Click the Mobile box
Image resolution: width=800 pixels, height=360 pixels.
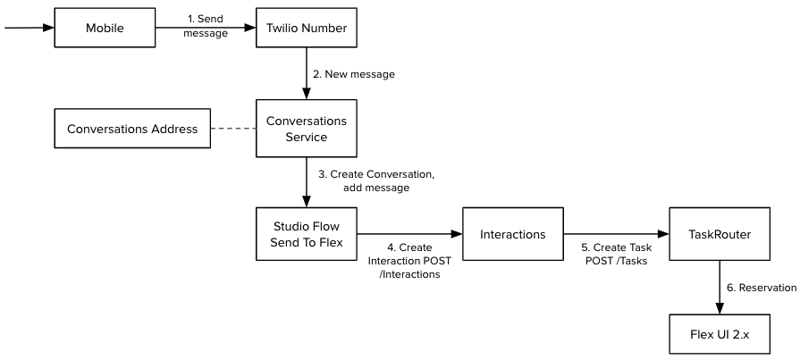[x=105, y=28]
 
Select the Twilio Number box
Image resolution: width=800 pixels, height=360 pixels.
[x=307, y=28]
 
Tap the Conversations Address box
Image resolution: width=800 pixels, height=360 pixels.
[x=131, y=130]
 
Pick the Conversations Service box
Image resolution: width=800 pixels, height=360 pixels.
[x=307, y=130]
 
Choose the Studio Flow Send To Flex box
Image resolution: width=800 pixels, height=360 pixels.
[x=307, y=233]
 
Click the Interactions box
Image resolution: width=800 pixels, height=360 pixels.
[x=513, y=233]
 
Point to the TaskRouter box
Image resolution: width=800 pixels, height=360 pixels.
[x=720, y=233]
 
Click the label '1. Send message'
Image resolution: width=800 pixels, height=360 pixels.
[x=206, y=25]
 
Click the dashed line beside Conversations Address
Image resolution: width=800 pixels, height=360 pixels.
[x=232, y=130]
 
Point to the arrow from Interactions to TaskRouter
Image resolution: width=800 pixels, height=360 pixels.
[x=617, y=233]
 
